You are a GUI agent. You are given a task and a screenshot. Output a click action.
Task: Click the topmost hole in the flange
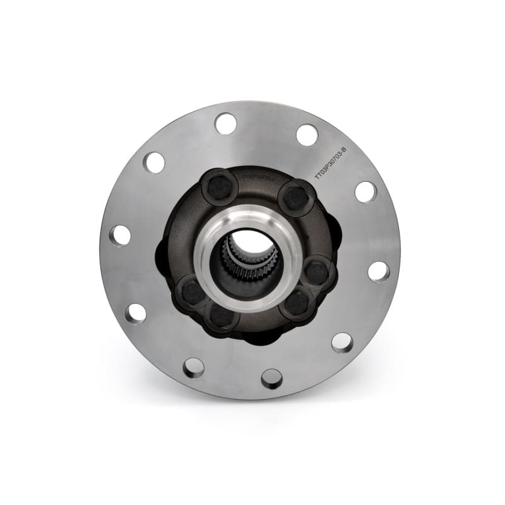(225, 123)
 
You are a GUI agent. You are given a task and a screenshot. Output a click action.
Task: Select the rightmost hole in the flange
(378, 271)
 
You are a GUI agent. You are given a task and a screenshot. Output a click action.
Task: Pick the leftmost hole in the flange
(120, 235)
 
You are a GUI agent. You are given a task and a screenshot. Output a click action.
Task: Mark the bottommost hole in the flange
(271, 379)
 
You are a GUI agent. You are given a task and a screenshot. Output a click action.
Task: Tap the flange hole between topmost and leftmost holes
(153, 162)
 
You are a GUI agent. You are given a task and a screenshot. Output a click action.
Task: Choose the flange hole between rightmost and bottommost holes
(342, 342)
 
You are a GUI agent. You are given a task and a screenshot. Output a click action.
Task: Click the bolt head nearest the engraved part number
(295, 198)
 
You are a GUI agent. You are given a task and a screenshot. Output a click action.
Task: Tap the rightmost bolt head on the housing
(316, 273)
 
